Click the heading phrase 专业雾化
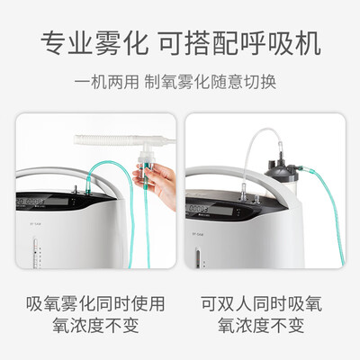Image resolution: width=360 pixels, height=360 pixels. pyautogui.click(x=94, y=44)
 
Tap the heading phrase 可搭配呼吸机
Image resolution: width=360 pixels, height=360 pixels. pyautogui.click(x=239, y=44)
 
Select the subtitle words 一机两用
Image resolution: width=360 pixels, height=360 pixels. pyautogui.click(x=106, y=82)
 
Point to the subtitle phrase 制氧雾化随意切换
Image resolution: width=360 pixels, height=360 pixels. pyautogui.click(x=210, y=82)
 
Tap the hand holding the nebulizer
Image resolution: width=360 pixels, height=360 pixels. pyautogui.click(x=159, y=183)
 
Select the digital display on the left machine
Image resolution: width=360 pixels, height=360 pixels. pyautogui.click(x=42, y=201)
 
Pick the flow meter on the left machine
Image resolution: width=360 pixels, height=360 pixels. pyautogui.click(x=35, y=252)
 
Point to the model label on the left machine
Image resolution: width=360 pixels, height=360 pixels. pyautogui.click(x=35, y=223)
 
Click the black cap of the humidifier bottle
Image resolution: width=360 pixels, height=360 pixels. pyautogui.click(x=279, y=165)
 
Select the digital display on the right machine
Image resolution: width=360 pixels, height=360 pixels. pyautogui.click(x=210, y=209)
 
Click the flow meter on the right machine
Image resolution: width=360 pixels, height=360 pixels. pyautogui.click(x=197, y=258)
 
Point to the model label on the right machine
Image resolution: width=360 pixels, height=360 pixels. pyautogui.click(x=197, y=234)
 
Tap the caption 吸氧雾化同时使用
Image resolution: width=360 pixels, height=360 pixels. pyautogui.click(x=95, y=303)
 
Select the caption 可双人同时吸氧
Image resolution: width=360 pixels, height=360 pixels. pyautogui.click(x=261, y=303)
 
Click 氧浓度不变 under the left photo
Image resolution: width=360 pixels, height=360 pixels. pyautogui.click(x=95, y=325)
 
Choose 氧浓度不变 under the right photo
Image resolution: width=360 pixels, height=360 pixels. pyautogui.click(x=261, y=325)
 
